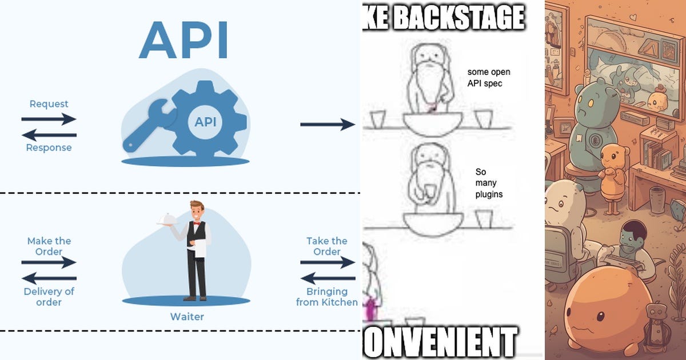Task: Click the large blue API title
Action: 183,41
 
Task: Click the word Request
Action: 49,104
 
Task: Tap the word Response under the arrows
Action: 49,147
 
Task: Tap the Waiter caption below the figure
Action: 187,317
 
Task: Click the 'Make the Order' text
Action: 49,246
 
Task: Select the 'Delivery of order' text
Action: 49,296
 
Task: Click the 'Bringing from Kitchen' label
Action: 327,296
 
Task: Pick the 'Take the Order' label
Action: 327,246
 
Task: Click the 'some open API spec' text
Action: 489,78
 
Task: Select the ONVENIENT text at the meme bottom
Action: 440,342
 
